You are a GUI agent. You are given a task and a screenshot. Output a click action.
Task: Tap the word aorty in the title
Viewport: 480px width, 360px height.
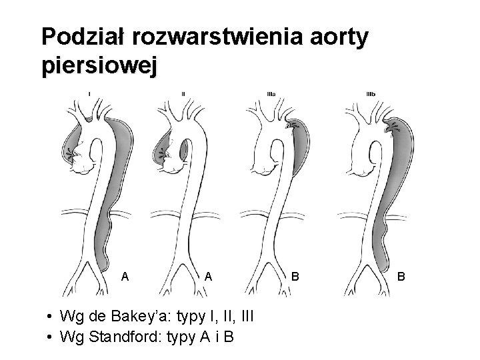point(343,37)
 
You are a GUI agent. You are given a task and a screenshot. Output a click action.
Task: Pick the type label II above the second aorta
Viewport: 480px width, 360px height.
point(183,93)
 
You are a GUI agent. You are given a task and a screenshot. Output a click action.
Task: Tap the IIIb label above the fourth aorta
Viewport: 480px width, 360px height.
point(371,93)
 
